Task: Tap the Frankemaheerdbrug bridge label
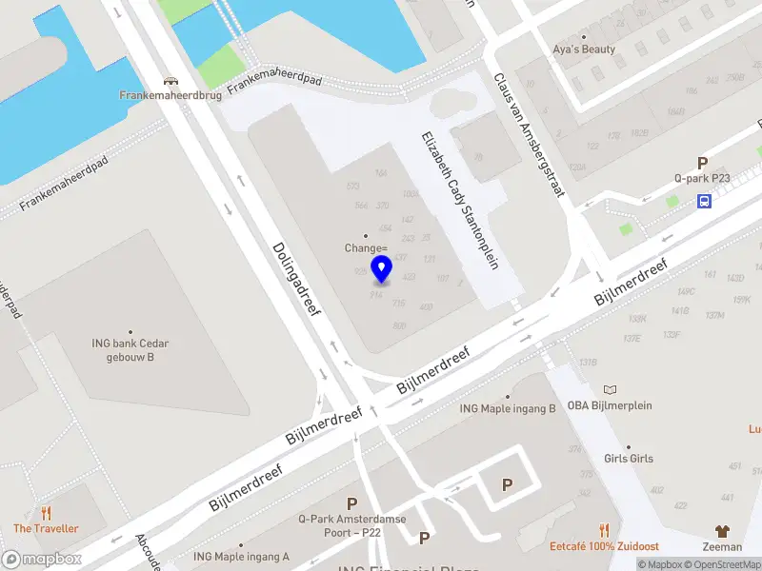pyautogui.click(x=170, y=95)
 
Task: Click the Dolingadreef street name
pyautogui.click(x=297, y=277)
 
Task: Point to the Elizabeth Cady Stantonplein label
pyautogui.click(x=459, y=199)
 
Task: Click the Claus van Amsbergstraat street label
pyautogui.click(x=529, y=135)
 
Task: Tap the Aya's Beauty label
pyautogui.click(x=584, y=49)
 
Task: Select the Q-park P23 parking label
pyautogui.click(x=702, y=178)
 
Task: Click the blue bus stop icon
pyautogui.click(x=704, y=201)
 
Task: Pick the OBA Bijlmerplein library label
pyautogui.click(x=610, y=404)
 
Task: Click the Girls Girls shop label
pyautogui.click(x=629, y=458)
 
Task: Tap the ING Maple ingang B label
pyautogui.click(x=508, y=408)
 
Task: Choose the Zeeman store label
pyautogui.click(x=722, y=546)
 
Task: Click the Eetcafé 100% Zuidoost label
pyautogui.click(x=605, y=546)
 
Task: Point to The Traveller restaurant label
pyautogui.click(x=46, y=528)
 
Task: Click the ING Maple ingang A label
pyautogui.click(x=241, y=556)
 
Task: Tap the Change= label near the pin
pyautogui.click(x=365, y=247)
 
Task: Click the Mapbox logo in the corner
pyautogui.click(x=42, y=559)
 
